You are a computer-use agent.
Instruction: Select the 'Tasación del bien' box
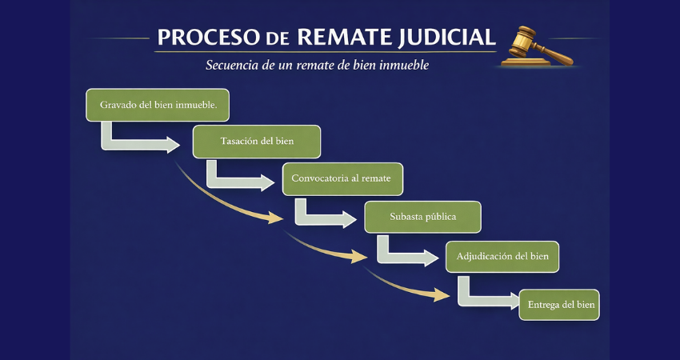coord(257,142)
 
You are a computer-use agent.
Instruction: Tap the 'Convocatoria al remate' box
coord(342,178)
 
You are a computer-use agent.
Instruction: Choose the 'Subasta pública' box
coord(422,217)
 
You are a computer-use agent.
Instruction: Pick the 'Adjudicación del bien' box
coord(502,256)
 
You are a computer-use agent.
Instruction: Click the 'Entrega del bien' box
coord(558,304)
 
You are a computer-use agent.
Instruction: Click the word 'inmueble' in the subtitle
coord(403,65)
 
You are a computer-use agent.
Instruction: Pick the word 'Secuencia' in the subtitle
coord(233,65)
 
